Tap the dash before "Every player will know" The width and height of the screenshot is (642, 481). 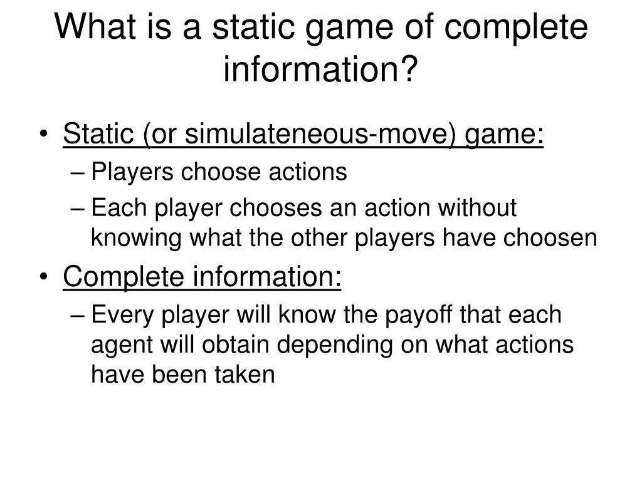pyautogui.click(x=79, y=315)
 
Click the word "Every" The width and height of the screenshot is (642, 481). pyautogui.click(x=122, y=315)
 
